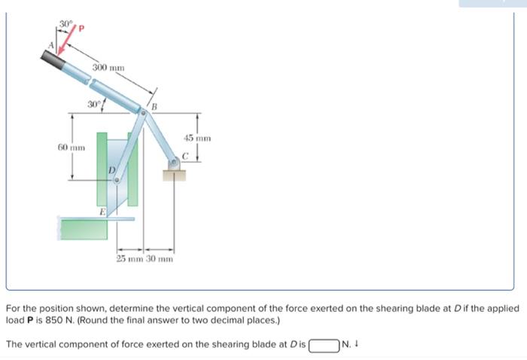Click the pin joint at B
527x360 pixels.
(143, 112)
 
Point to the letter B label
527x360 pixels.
(154, 106)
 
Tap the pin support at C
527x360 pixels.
(174, 163)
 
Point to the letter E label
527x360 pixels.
(102, 213)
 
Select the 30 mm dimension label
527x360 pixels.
(160, 259)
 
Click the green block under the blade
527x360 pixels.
(83, 227)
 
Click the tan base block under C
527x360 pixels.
(174, 176)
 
